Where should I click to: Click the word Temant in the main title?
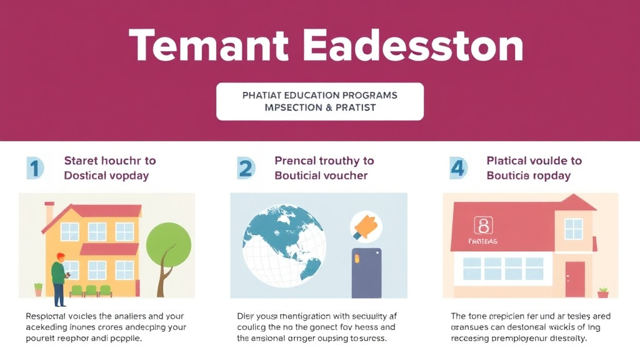[x=209, y=46]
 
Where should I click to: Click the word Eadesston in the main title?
[x=412, y=46]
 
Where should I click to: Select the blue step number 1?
[x=35, y=168]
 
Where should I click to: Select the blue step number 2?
[x=246, y=168]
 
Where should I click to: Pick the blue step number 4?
[x=457, y=168]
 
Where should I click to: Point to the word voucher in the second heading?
[x=344, y=176]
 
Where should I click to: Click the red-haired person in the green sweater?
[x=59, y=278]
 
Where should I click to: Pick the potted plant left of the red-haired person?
[x=39, y=289]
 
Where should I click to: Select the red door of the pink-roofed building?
[x=574, y=279]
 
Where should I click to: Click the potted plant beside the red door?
[x=603, y=292]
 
